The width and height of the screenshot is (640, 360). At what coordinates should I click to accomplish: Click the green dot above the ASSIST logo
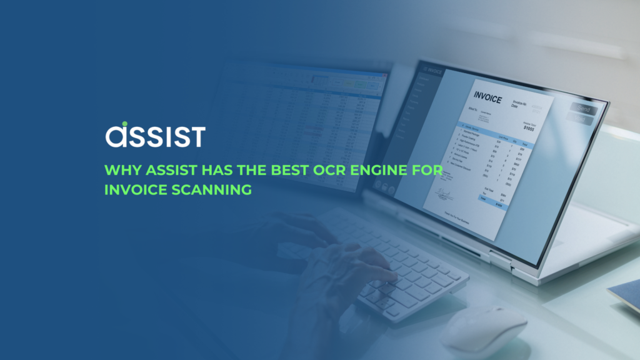(x=124, y=124)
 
